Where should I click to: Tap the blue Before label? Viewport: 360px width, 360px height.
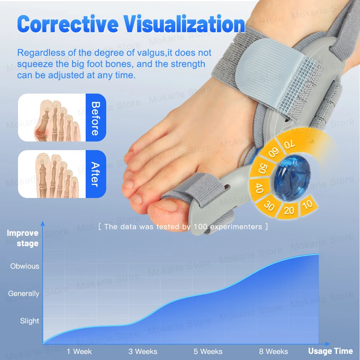[95, 118]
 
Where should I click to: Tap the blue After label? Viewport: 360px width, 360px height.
[95, 174]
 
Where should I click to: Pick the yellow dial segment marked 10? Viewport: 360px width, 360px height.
[308, 205]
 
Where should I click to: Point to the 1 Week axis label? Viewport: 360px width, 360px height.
[79, 351]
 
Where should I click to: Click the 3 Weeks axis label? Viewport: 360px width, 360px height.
[143, 351]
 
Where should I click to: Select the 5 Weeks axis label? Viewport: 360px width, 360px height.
[208, 351]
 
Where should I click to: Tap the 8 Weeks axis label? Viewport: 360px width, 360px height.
[274, 351]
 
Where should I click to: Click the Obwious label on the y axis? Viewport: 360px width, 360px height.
[24, 266]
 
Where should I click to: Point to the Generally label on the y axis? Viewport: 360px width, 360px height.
[24, 294]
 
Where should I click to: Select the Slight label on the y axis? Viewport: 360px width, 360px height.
[30, 321]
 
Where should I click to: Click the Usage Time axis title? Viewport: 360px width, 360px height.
[330, 351]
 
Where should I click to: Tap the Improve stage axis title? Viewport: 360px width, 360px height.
[23, 238]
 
